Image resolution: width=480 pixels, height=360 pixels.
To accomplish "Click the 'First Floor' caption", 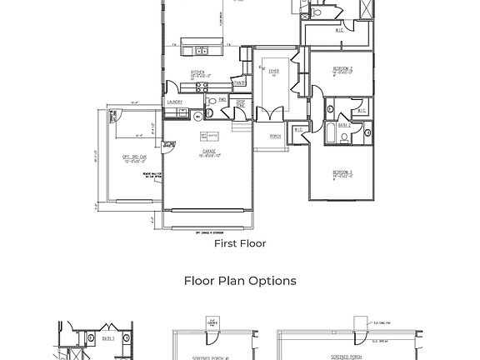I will [240, 244].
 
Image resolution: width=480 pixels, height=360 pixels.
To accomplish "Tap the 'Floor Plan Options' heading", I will [240, 281].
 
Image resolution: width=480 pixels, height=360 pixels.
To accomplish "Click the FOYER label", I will [272, 72].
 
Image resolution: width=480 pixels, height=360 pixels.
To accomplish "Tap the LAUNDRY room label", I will [174, 102].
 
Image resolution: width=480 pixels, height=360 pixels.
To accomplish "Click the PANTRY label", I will [239, 82].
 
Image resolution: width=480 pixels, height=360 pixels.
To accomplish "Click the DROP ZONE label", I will [240, 104].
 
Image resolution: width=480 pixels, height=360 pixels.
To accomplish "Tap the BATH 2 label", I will [344, 126].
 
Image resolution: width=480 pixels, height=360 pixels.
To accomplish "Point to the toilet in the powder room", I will [210, 102].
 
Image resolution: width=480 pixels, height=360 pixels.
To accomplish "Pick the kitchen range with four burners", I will [199, 84].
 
